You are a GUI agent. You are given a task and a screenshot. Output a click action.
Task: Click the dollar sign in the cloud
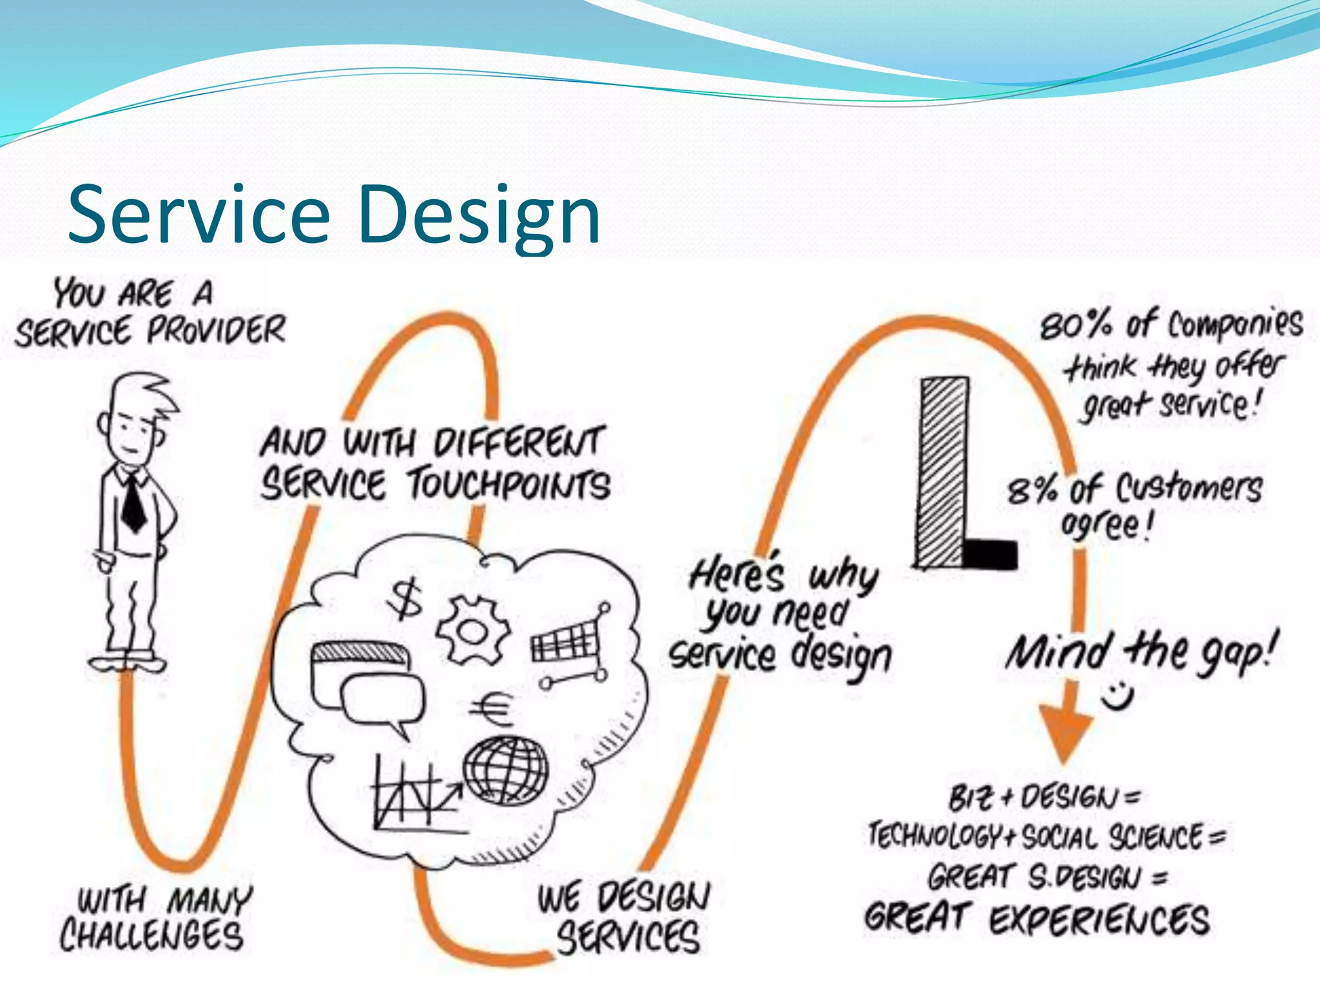click(405, 599)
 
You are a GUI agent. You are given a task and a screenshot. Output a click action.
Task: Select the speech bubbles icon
click(368, 686)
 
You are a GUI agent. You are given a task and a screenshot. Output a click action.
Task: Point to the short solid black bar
click(990, 554)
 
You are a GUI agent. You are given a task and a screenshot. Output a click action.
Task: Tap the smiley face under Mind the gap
click(1118, 695)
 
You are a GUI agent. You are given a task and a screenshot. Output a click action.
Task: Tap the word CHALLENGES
click(152, 935)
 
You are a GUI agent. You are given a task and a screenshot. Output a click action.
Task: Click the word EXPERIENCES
click(1100, 920)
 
